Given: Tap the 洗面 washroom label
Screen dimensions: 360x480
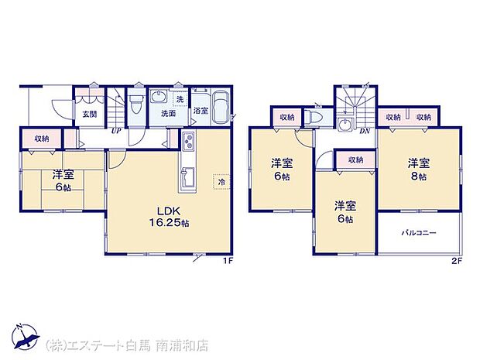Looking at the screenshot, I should coord(168,113).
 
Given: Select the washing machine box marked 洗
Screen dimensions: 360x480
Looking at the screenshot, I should coord(179,99).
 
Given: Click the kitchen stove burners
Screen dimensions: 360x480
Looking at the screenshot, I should coord(188,141).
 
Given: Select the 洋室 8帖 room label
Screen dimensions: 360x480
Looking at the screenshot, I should coord(420,170).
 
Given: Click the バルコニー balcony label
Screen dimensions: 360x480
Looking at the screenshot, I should coord(418,231).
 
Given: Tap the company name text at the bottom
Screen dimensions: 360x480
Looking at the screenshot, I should coord(128,345).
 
